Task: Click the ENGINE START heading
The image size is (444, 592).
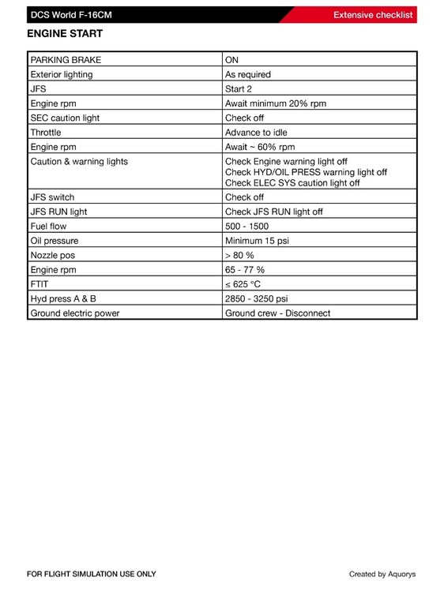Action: click(x=65, y=35)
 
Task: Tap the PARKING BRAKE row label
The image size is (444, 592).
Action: click(x=66, y=60)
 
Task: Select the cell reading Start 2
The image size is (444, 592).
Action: click(x=239, y=89)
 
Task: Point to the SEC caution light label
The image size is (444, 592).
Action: click(x=65, y=118)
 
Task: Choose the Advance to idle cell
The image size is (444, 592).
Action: click(x=256, y=133)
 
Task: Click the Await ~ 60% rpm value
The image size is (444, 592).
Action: click(x=260, y=147)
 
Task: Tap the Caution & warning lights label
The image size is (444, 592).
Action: click(x=79, y=162)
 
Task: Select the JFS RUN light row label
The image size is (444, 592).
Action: click(x=58, y=212)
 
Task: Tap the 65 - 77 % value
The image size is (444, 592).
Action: click(x=245, y=270)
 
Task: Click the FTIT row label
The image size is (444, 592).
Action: click(x=40, y=284)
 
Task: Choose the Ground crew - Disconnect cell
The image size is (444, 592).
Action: click(x=277, y=313)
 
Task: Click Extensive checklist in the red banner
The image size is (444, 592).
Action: click(x=373, y=14)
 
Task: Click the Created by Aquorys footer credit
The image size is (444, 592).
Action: click(x=382, y=574)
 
